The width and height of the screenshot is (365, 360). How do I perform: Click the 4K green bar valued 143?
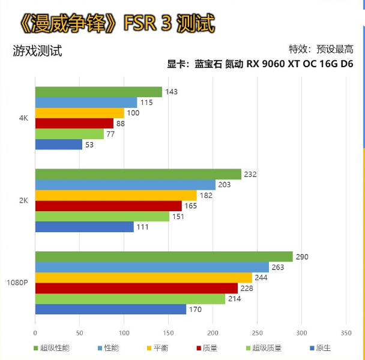tap(98, 92)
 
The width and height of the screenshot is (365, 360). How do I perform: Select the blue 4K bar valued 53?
tap(58, 145)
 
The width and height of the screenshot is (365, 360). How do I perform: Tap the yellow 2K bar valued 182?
tap(116, 196)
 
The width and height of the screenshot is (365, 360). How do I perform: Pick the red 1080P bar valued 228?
tap(136, 289)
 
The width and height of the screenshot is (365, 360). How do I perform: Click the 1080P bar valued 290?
tap(164, 257)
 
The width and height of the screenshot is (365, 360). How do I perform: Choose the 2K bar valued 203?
tap(125, 185)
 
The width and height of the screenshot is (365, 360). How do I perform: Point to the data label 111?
tap(142, 227)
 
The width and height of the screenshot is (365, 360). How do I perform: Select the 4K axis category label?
tap(24, 118)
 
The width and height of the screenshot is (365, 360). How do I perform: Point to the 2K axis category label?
tap(24, 200)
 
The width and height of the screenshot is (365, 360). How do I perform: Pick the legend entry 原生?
tap(323, 347)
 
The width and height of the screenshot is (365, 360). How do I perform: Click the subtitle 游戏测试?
tap(37, 51)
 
